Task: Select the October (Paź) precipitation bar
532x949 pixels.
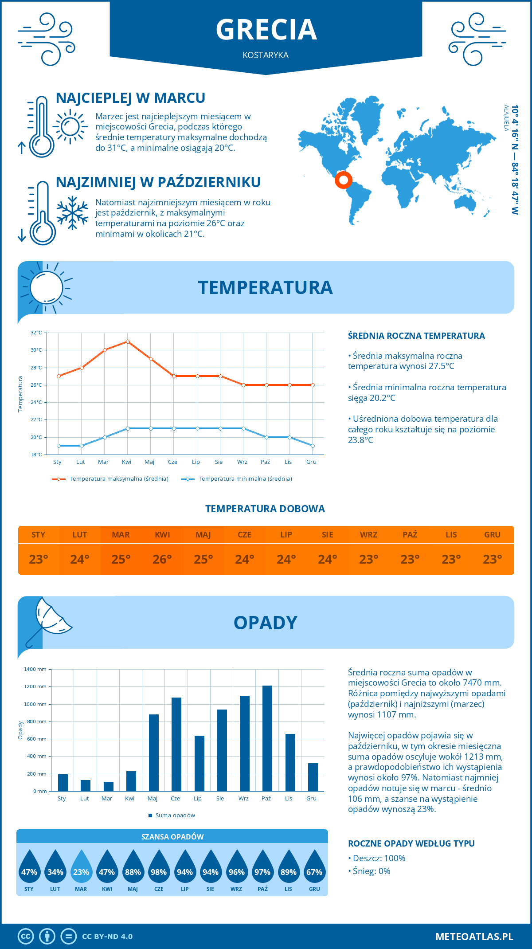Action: pos(267,738)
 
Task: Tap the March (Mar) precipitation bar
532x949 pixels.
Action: pos(108,786)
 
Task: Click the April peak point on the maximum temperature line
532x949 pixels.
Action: pos(128,341)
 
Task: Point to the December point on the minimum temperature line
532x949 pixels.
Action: pos(313,446)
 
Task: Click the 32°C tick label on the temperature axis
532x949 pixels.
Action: pos(36,333)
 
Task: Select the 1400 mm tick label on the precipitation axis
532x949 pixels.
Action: pos(35,669)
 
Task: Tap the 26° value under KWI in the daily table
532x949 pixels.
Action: pos(162,559)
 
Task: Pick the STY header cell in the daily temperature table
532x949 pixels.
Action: pos(39,535)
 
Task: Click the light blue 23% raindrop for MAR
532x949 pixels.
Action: pos(81,867)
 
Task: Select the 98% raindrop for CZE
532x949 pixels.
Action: pos(159,867)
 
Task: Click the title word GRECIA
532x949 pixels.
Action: pos(266,30)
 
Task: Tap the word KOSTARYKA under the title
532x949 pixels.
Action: pos(266,55)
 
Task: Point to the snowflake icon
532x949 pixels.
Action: pos(72,213)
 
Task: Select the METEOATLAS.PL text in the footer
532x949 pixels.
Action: pos(474,937)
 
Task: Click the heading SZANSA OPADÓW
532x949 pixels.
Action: pos(172,837)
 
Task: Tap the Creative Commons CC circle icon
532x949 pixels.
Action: pos(26,937)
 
